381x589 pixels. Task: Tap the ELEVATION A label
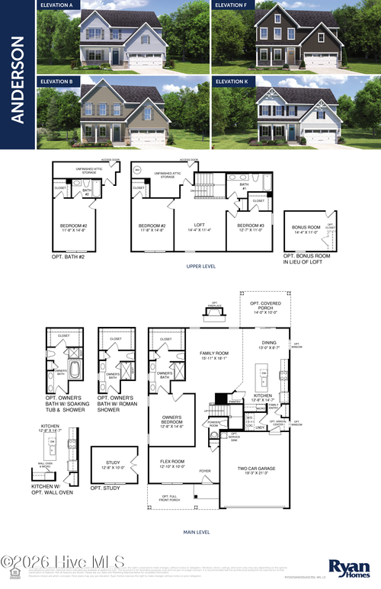tap(57, 5)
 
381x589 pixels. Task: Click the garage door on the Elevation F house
tap(320, 59)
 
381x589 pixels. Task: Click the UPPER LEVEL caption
tap(200, 267)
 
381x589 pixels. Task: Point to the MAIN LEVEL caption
tap(197, 532)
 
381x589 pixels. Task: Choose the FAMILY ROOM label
tap(214, 354)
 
